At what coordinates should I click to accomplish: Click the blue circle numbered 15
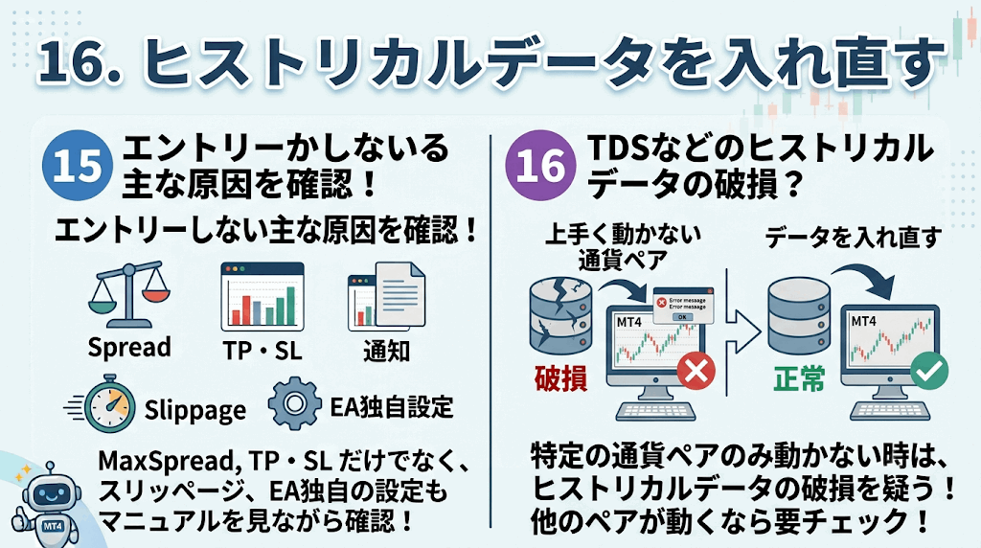pyautogui.click(x=78, y=165)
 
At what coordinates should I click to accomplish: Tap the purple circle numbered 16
pyautogui.click(x=540, y=165)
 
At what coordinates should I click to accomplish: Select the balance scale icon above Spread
pyautogui.click(x=129, y=294)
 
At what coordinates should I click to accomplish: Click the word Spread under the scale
pyautogui.click(x=129, y=347)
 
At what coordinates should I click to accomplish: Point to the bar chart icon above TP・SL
pyautogui.click(x=262, y=297)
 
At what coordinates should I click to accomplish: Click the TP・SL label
pyautogui.click(x=262, y=351)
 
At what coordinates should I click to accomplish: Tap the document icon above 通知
pyautogui.click(x=387, y=295)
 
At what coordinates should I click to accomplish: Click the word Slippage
pyautogui.click(x=195, y=411)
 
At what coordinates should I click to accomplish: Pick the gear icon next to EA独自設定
pyautogui.click(x=294, y=403)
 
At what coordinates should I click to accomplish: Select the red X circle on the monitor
pyautogui.click(x=696, y=371)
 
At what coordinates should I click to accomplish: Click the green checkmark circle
pyautogui.click(x=929, y=371)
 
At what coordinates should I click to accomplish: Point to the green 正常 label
pyautogui.click(x=800, y=378)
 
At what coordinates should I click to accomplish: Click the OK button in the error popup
pyautogui.click(x=682, y=317)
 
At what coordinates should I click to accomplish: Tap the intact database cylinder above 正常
pyautogui.click(x=799, y=316)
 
